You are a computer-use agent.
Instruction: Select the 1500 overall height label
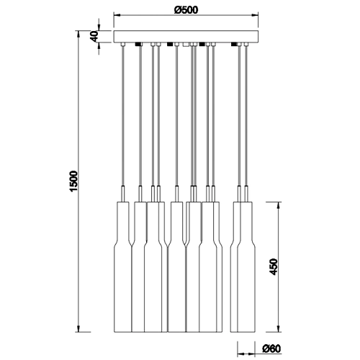coord(73,181)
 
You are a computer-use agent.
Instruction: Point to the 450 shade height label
coord(273,266)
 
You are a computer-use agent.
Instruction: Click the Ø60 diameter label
coord(271,348)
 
